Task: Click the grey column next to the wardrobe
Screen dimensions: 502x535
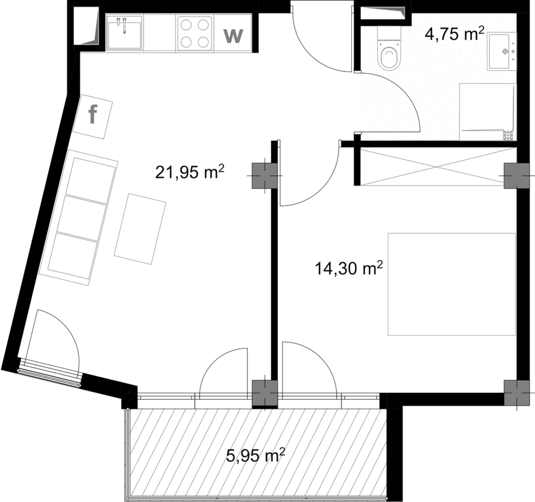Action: pos(516,176)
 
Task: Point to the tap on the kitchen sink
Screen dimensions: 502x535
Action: pos(122,25)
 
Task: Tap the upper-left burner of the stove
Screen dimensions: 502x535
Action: pos(186,25)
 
